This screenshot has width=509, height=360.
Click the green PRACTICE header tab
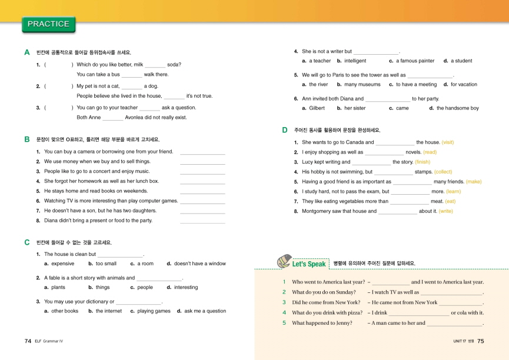(x=48, y=24)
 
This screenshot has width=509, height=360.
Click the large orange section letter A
(x=27, y=52)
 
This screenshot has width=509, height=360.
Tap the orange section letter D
(x=285, y=130)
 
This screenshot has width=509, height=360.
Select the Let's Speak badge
(x=301, y=263)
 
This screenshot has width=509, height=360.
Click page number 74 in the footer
(x=28, y=341)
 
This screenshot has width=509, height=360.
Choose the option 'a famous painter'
(x=415, y=61)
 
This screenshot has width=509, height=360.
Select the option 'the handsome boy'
(x=457, y=108)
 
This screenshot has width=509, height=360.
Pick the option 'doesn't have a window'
(x=199, y=264)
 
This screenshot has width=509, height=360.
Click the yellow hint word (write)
(x=445, y=211)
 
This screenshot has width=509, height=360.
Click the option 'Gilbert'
(x=317, y=108)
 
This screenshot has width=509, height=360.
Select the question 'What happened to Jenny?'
(x=322, y=322)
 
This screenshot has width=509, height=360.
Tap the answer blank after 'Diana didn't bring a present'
(x=202, y=221)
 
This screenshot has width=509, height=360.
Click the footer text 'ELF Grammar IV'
(x=48, y=341)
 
